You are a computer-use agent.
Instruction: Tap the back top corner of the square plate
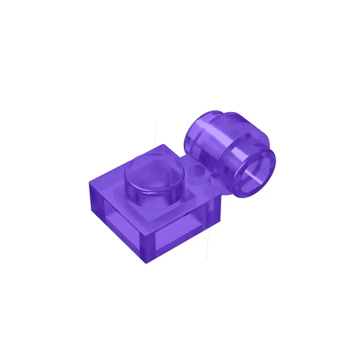(163, 145)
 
